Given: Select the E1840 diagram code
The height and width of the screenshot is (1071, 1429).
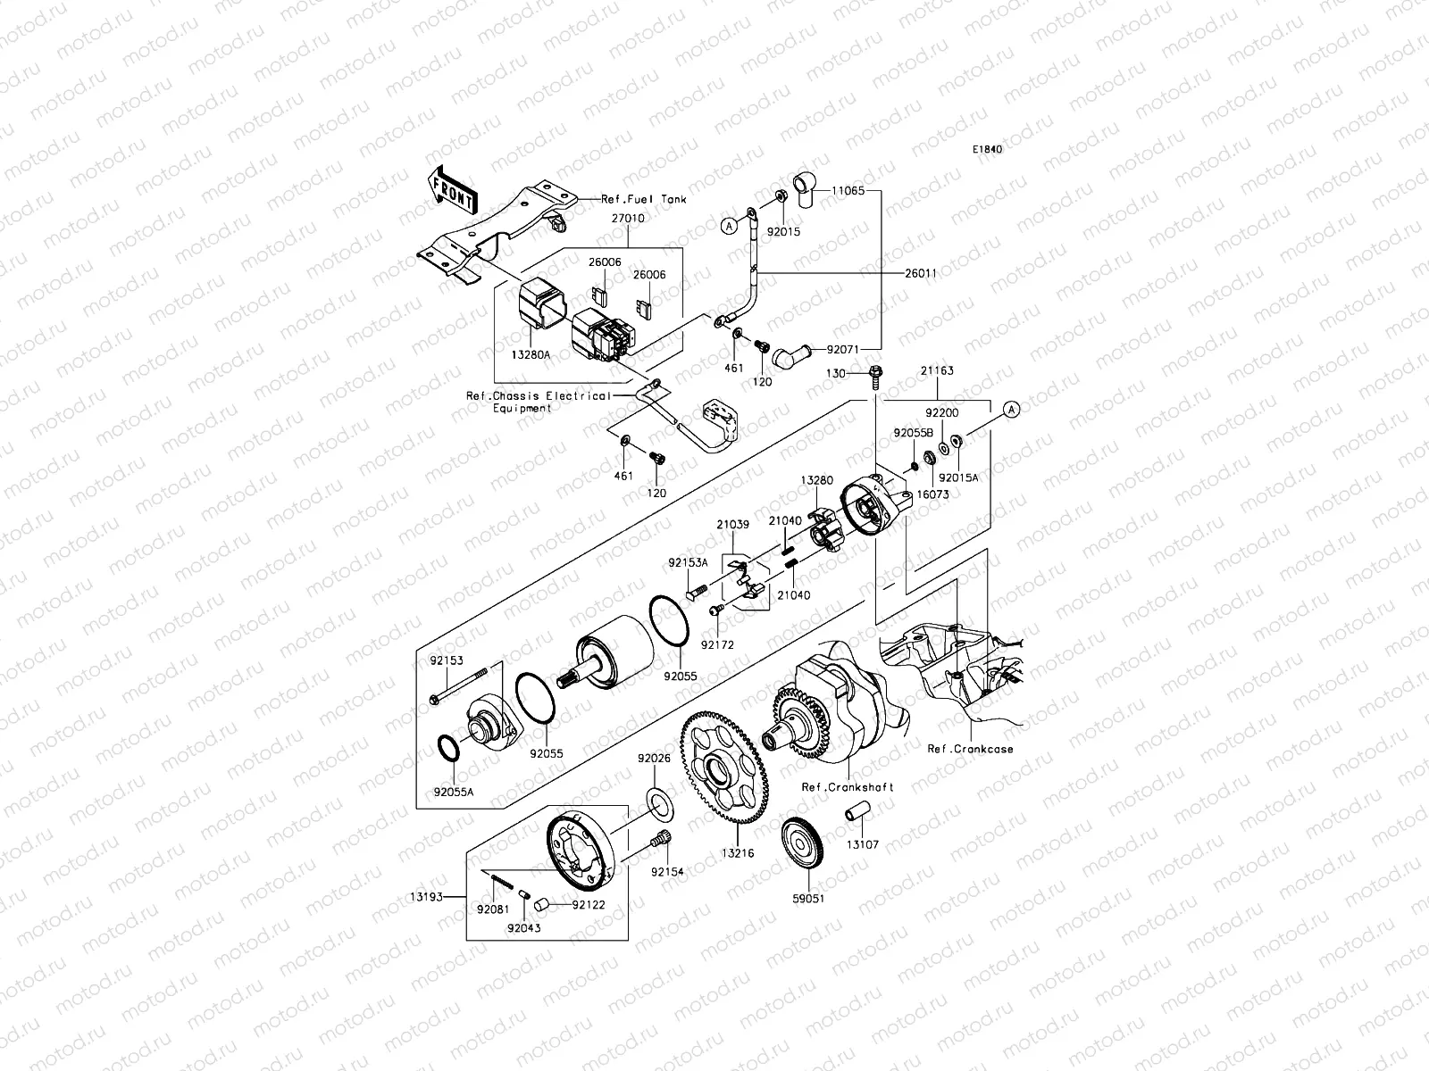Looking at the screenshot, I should click(x=988, y=149).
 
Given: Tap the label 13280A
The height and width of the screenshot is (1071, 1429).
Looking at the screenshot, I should click(x=531, y=355).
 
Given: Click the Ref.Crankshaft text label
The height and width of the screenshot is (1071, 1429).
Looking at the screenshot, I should click(x=847, y=787).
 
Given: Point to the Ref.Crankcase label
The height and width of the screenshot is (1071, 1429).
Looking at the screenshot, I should click(x=970, y=749).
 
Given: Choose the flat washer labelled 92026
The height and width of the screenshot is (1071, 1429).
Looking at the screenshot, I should click(x=658, y=802).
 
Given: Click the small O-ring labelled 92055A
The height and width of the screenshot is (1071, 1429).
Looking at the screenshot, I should click(x=449, y=748).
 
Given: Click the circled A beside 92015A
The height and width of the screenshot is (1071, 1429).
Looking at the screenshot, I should click(x=1011, y=410).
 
